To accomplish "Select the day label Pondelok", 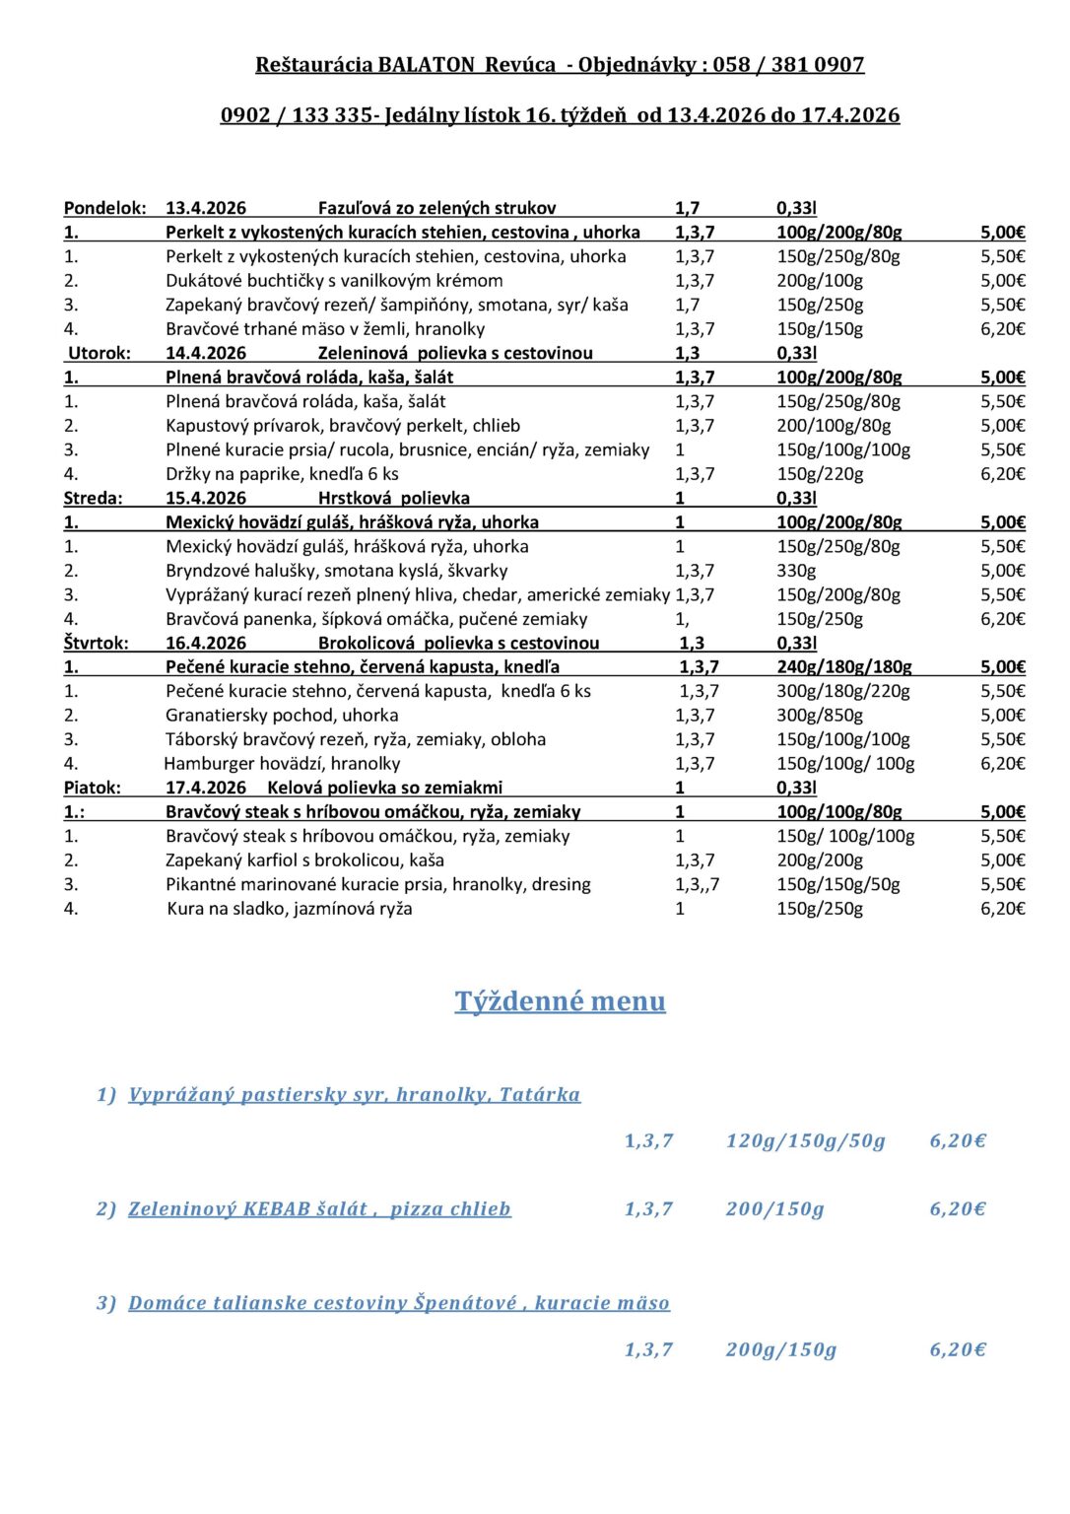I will pos(104,208).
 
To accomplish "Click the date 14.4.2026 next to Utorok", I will pos(206,353).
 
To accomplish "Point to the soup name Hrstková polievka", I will pos(393,498).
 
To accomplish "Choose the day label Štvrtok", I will pos(97,643).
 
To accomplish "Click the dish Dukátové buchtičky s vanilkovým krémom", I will pos(334,281).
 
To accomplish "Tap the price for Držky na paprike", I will pos(1002,474).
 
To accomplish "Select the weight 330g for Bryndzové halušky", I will pos(796,571).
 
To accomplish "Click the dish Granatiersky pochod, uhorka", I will pos(282,716).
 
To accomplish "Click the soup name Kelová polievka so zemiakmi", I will pos(384,788).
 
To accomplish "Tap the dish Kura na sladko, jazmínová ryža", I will pos(290,909).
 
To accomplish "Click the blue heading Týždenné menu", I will pos(560,1001).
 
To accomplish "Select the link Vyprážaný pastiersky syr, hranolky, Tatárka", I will pos(354,1095).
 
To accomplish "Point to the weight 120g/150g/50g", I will pos(805,1141).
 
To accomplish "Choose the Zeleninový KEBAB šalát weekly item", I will pos(319,1209).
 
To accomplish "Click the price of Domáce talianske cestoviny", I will pos(958,1350).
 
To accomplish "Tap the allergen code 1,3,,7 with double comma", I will pos(697,885).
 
